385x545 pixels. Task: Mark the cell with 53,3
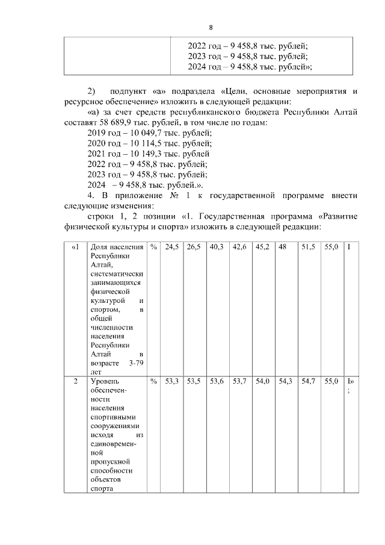pos(173,381)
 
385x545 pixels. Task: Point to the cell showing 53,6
pos(217,381)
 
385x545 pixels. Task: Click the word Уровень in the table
pos(105,381)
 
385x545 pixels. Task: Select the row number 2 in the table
pos(76,381)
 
